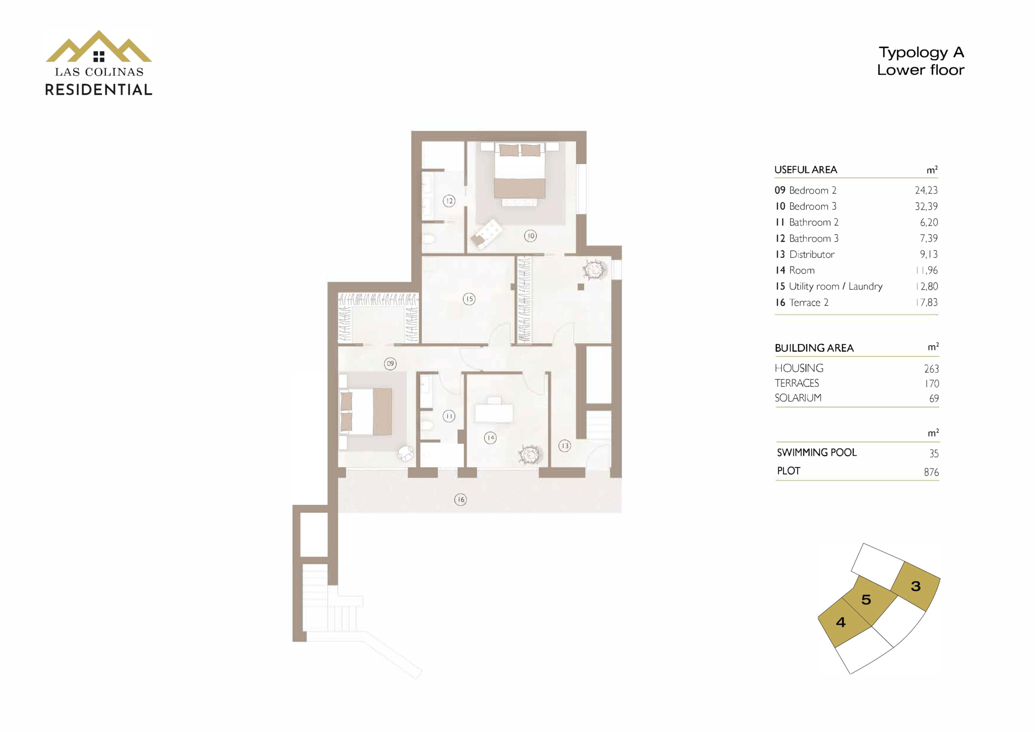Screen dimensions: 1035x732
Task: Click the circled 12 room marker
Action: coord(448,201)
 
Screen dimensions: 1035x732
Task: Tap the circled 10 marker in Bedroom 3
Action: coord(530,236)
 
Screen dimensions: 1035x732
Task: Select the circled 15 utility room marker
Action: coord(469,299)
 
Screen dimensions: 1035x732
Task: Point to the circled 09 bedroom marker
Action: coord(391,364)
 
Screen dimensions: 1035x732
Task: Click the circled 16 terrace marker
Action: coord(460,500)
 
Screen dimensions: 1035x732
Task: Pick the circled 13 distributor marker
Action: coord(565,446)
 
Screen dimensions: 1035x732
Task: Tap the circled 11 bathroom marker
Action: coord(449,416)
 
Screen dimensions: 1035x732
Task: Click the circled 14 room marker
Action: coord(490,438)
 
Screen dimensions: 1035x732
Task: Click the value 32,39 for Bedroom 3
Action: coord(926,207)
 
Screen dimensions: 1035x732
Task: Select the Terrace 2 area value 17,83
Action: coord(926,302)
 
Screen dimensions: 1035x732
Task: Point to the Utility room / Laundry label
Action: coord(836,287)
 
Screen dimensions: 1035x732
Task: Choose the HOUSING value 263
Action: coord(931,369)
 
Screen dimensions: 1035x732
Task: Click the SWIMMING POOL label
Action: coord(816,453)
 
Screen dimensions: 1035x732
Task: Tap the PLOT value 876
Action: coord(931,472)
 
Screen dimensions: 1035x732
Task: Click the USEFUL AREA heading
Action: coord(805,170)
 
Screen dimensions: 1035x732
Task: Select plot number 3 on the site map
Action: coord(916,586)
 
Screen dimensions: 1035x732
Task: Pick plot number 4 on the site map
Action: coord(841,622)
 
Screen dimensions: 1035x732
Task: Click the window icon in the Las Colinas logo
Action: coord(99,56)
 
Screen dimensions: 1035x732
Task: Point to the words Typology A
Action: coord(921,53)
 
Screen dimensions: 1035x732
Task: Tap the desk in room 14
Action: coord(494,412)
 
